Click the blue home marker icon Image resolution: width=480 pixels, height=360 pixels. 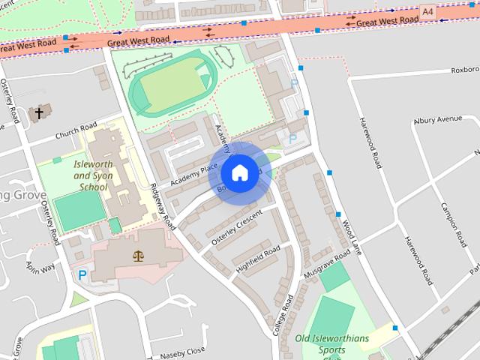(238, 173)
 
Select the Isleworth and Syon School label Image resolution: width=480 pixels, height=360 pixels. (92, 174)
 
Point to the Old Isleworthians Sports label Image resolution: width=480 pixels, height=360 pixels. (332, 343)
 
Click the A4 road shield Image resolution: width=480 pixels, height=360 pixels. (427, 12)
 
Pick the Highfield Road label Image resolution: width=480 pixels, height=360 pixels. (258, 257)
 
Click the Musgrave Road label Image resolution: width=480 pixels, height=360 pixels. (327, 266)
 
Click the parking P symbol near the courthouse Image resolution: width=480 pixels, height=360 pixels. (82, 276)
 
